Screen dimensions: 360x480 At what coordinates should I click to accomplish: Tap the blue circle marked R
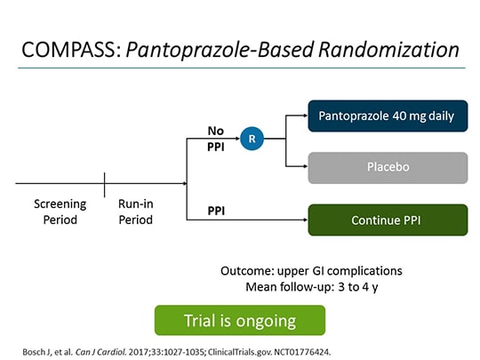[x=252, y=139]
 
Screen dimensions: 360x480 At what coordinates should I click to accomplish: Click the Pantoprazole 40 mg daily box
[x=388, y=116]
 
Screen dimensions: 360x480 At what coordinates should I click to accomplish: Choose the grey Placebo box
[x=388, y=167]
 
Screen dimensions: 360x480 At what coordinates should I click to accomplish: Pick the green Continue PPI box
[x=388, y=220]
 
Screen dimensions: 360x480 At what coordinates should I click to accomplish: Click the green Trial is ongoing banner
[x=240, y=319]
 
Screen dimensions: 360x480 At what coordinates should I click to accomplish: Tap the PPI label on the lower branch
[x=216, y=211]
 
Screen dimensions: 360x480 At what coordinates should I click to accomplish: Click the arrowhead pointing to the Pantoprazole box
[x=303, y=116]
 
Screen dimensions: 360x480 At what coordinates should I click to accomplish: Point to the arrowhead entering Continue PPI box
[x=303, y=220]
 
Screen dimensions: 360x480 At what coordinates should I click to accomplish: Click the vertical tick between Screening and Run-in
[x=105, y=184]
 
